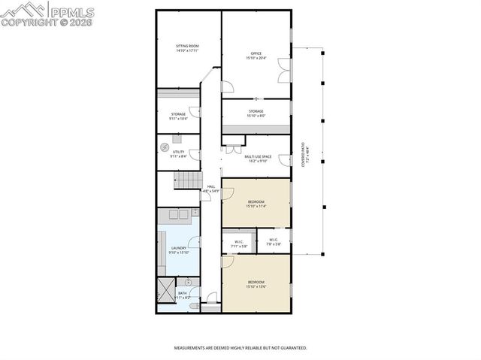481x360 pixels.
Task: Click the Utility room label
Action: (179, 154)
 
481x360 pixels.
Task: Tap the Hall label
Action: (210, 189)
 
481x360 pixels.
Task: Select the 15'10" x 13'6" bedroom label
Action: (256, 284)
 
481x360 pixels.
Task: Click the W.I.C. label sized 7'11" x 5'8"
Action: (238, 244)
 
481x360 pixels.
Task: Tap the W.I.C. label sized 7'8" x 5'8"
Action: (274, 241)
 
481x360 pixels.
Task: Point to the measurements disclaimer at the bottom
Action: (240, 348)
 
